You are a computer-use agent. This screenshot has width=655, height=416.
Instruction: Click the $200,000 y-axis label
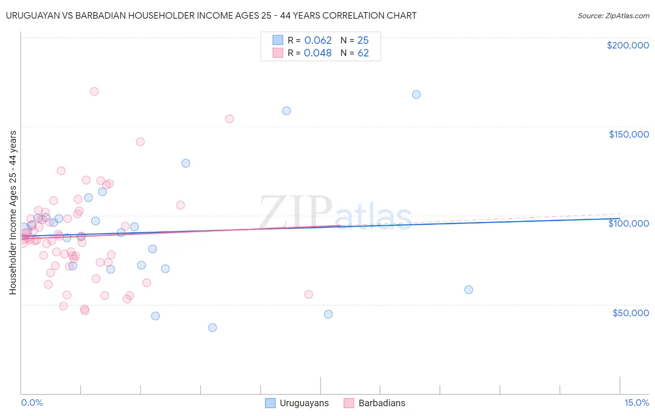(628, 45)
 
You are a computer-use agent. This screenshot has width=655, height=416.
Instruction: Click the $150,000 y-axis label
(628, 134)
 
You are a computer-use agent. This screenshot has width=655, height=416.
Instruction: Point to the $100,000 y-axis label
(628, 223)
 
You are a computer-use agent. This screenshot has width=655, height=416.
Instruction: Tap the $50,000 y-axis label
(630, 312)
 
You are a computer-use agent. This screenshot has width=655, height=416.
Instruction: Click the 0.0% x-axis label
(32, 402)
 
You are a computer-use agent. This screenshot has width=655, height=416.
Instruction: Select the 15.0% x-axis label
(636, 402)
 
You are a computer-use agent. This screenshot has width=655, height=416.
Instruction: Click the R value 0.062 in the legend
(318, 40)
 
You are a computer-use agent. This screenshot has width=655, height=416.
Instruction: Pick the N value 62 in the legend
(363, 53)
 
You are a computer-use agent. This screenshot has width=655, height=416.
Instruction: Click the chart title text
(211, 15)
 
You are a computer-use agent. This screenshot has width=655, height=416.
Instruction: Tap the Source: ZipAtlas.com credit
(613, 15)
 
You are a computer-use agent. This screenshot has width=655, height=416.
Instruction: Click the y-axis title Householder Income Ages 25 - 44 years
(13, 212)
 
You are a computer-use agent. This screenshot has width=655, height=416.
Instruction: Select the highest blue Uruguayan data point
(416, 94)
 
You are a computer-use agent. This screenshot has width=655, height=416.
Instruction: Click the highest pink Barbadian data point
(94, 91)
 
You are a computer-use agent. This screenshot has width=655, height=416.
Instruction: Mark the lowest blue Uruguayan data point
(212, 327)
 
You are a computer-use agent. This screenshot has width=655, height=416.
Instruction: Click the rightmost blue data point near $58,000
(469, 290)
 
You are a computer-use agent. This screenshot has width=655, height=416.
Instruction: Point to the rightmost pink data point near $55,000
(308, 294)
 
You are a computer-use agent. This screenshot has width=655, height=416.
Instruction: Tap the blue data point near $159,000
(287, 111)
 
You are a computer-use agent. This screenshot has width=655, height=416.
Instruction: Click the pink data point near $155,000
(229, 119)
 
